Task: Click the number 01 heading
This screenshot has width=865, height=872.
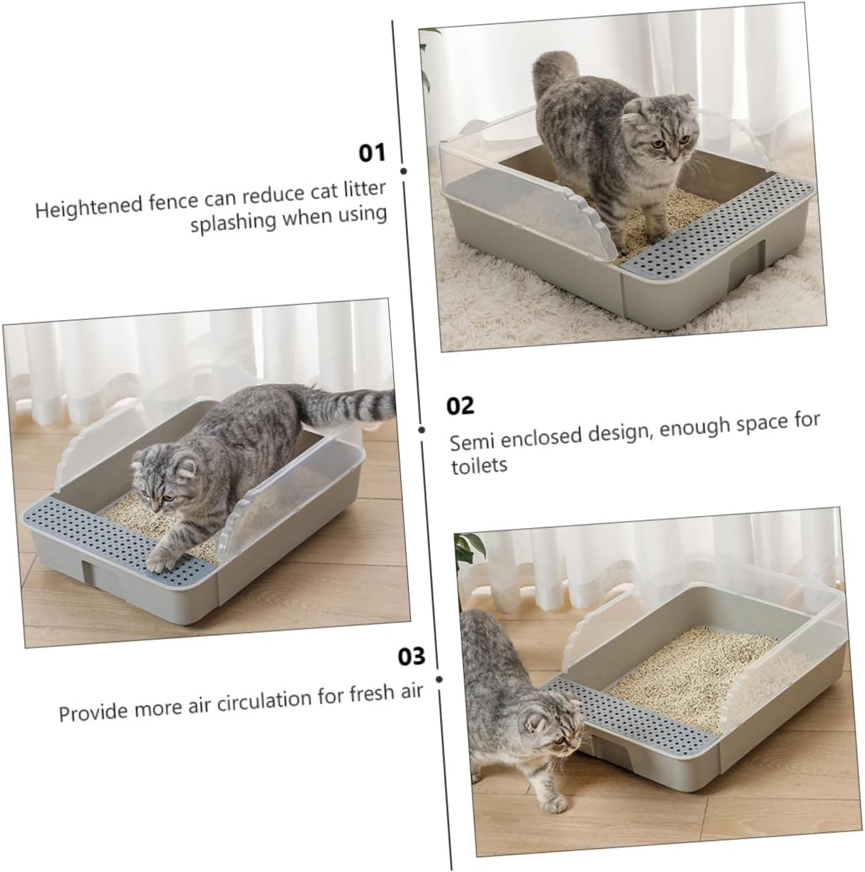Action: coord(372,152)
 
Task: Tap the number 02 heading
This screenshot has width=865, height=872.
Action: coord(460,406)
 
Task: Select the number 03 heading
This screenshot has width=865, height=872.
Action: coord(412,656)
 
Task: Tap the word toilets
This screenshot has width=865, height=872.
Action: coord(479,466)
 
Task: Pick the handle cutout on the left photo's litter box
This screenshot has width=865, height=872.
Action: coord(85,572)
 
